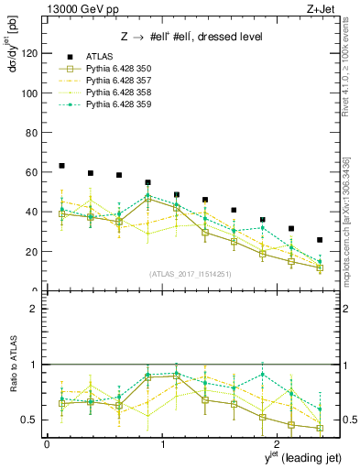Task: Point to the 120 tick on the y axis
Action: tap(29, 54)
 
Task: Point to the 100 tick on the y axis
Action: tap(29, 93)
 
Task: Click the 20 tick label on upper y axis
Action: tap(32, 251)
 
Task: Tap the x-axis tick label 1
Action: tap(162, 444)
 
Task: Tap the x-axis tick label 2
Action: tap(278, 444)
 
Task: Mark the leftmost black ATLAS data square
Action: tap(61, 166)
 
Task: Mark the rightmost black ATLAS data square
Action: tap(320, 240)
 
